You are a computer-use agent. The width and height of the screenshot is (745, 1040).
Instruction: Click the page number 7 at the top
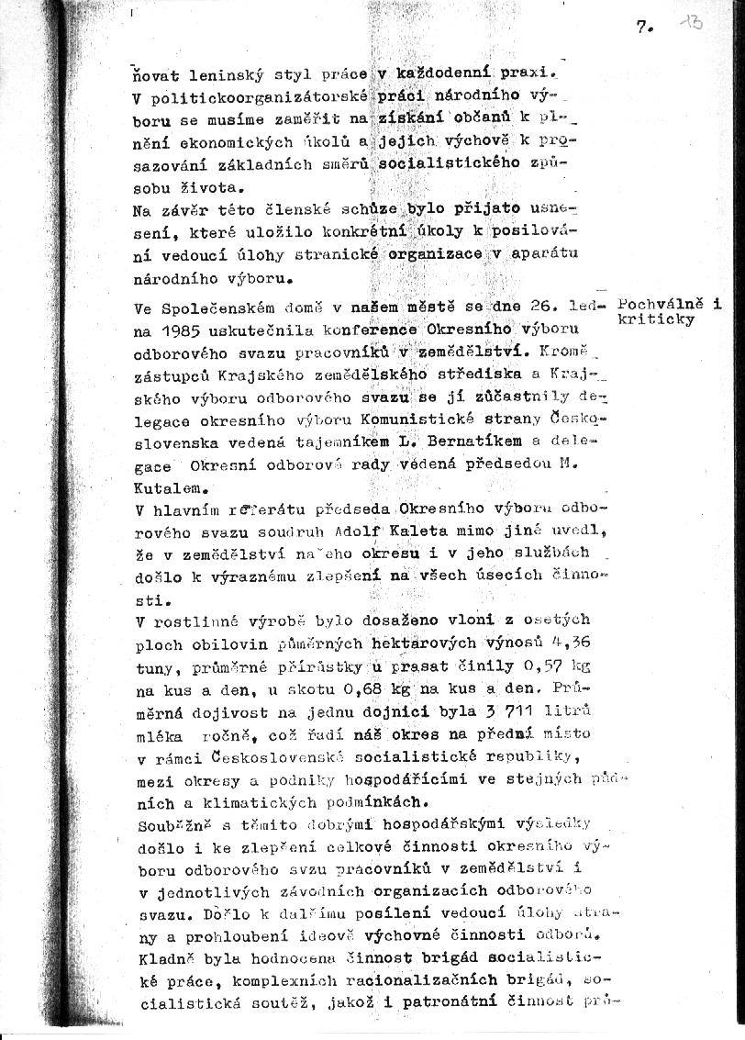click(x=641, y=28)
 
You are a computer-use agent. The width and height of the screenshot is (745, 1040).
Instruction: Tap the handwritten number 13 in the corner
click(x=690, y=22)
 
